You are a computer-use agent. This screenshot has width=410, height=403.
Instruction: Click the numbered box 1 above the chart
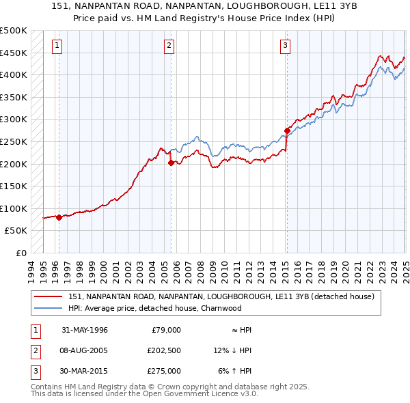click(56, 46)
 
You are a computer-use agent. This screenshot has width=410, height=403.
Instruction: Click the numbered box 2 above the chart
click(169, 46)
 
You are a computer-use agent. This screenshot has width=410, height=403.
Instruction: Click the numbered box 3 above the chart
click(284, 46)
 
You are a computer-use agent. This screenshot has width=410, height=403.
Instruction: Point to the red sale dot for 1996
click(59, 218)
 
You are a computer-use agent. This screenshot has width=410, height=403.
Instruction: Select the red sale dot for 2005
click(170, 163)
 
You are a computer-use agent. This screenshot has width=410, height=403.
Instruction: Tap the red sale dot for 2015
click(287, 130)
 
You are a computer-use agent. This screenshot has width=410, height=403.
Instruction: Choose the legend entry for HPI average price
click(154, 308)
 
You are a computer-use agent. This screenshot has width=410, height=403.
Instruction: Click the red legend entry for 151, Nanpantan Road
click(221, 297)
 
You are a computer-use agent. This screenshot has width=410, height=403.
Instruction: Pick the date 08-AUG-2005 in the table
click(85, 350)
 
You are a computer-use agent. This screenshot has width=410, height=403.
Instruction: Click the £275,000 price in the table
click(163, 371)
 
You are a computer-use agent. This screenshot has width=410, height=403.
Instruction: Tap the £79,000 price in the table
click(166, 330)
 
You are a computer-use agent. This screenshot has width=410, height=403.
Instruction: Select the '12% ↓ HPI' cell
click(232, 350)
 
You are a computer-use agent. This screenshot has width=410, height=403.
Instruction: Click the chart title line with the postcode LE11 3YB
click(205, 6)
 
